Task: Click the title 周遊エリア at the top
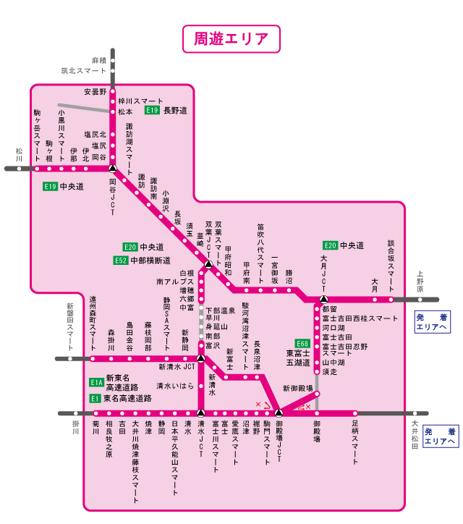click(231, 38)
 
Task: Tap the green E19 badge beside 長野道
click(152, 111)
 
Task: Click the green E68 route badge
click(302, 343)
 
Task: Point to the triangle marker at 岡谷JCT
click(112, 168)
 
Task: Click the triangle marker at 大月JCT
click(324, 299)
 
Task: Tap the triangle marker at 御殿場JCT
click(279, 413)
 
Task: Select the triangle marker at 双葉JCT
click(208, 265)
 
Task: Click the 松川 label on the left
click(19, 157)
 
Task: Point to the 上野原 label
click(420, 282)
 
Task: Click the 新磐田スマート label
click(70, 327)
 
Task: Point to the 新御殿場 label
click(298, 389)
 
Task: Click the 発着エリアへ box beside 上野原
click(433, 322)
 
